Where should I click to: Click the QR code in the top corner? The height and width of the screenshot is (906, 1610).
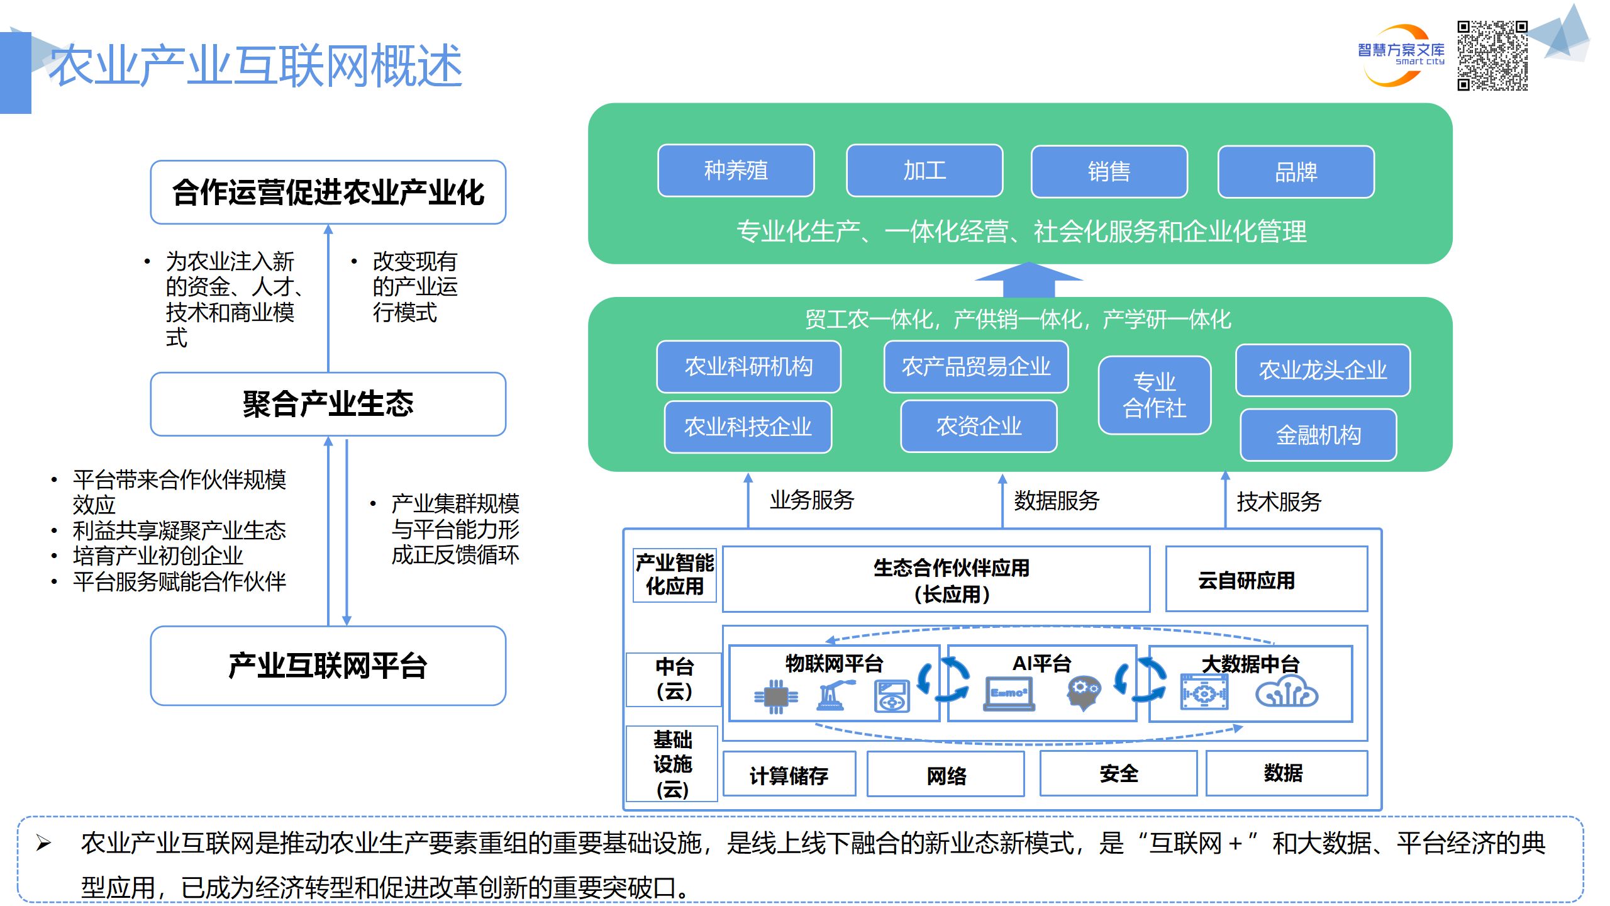pos(1492,55)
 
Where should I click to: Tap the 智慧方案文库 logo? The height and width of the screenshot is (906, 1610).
pos(1401,55)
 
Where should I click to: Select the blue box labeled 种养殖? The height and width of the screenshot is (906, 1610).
pos(736,171)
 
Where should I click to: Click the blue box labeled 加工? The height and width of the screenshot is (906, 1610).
pos(924,171)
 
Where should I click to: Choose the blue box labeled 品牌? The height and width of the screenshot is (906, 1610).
pos(1296,172)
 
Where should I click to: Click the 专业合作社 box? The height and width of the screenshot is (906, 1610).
pos(1154,395)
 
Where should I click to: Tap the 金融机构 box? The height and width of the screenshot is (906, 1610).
pos(1318,435)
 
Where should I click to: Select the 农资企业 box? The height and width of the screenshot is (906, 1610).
pos(979,427)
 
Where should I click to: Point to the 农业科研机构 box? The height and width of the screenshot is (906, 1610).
pos(748,366)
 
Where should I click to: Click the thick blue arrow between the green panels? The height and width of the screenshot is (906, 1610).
pos(1028,280)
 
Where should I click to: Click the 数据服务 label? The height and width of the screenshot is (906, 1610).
pos(1057,501)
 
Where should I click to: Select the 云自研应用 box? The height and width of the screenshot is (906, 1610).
pos(1266,579)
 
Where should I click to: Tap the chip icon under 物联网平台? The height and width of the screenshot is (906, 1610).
pos(776,696)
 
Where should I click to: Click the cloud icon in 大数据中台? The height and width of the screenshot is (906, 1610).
pos(1286,693)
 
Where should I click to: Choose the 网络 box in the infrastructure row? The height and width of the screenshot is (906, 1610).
pos(945,775)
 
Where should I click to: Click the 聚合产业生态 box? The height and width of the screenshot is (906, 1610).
pos(328,404)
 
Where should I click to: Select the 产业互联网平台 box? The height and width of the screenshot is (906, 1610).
pos(328,666)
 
